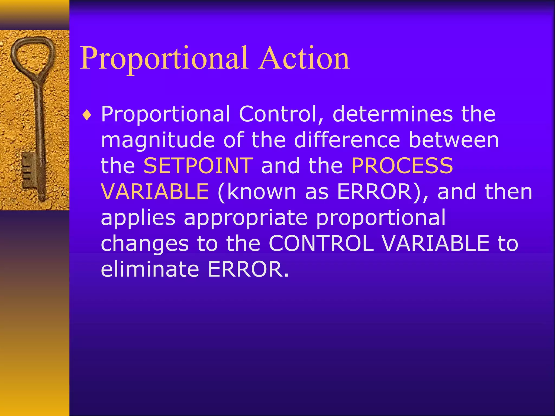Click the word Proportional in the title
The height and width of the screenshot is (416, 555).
point(164,58)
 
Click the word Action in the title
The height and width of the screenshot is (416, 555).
point(304,58)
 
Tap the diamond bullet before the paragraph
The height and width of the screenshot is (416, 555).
point(87,115)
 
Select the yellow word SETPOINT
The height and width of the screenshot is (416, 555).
point(198,166)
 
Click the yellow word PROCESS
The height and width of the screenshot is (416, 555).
point(402,166)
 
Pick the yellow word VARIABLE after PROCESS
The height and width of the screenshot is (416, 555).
point(155,191)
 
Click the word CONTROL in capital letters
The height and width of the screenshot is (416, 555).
point(321,243)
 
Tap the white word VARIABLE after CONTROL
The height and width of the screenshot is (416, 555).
point(436,243)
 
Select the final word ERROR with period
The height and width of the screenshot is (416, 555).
point(248,269)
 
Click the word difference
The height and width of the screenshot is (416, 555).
point(347,140)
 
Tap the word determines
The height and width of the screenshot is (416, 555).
point(393,114)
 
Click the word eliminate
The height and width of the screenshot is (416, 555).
point(150,269)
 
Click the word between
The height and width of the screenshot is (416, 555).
point(454,140)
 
